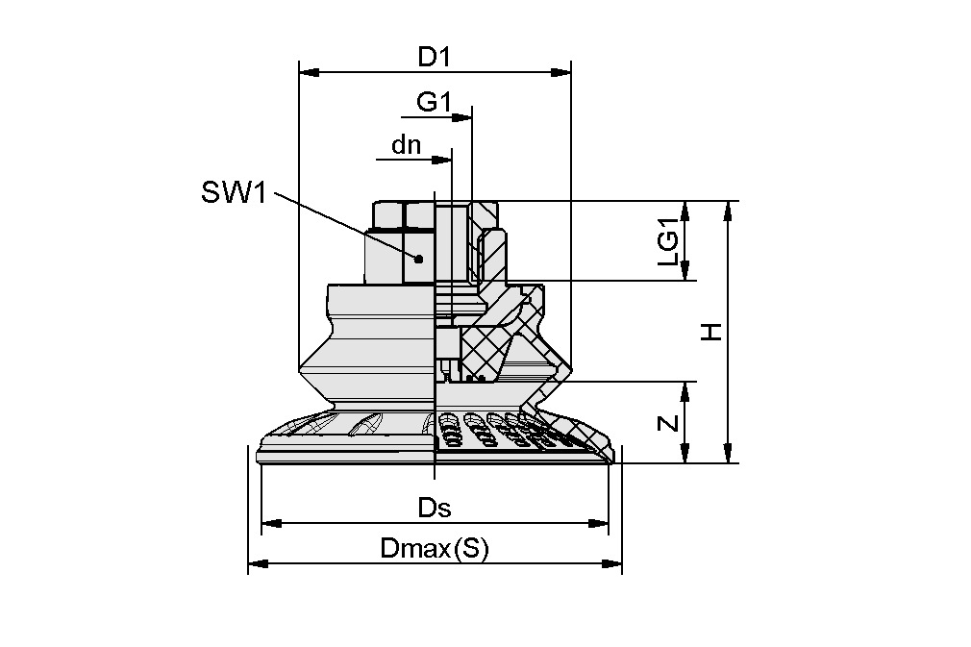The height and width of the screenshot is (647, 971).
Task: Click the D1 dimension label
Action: (434, 57)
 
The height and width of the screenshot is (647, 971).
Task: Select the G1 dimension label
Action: (434, 101)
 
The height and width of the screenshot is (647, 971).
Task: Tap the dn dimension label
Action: (407, 145)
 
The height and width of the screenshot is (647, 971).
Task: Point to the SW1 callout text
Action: (232, 192)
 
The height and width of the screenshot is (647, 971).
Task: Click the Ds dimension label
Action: (434, 508)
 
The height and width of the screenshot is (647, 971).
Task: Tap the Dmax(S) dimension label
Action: (435, 549)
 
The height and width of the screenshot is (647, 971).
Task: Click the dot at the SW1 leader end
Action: (418, 258)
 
